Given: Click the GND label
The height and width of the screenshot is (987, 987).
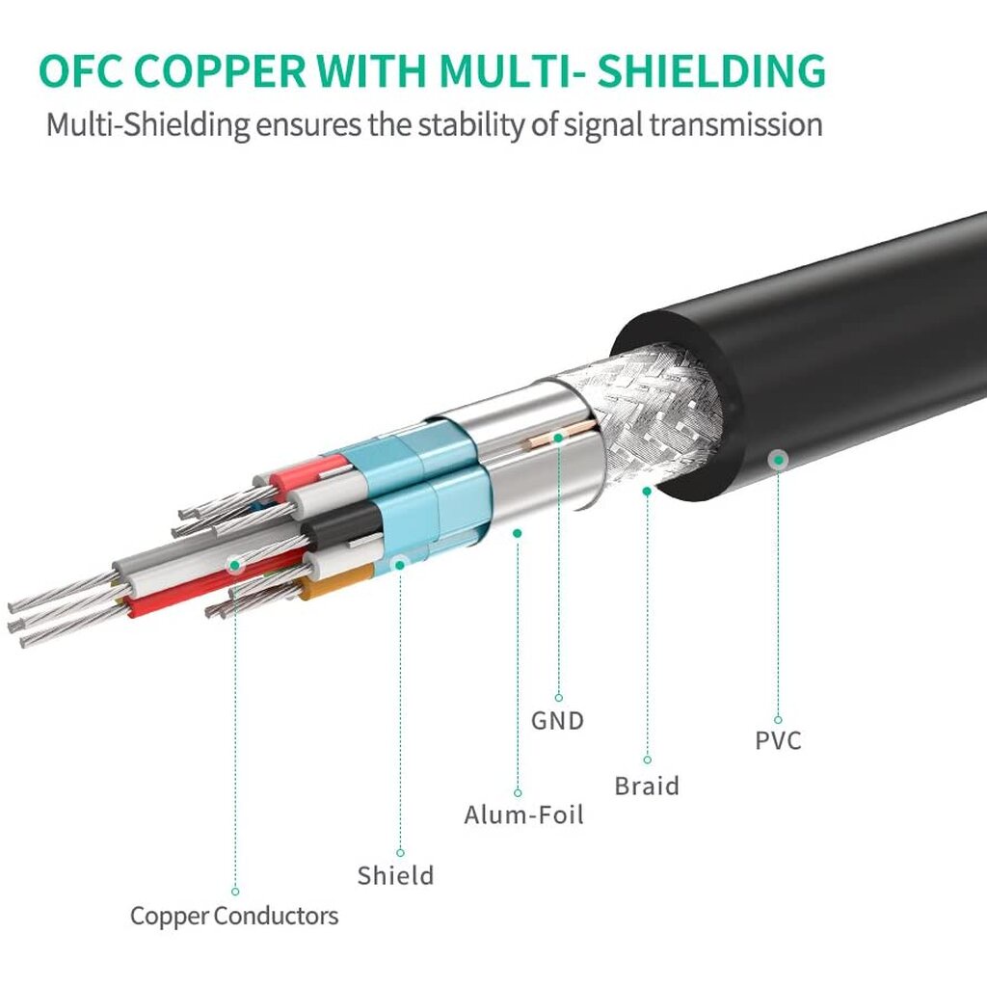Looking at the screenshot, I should click(x=557, y=720).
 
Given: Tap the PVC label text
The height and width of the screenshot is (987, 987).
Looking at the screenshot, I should click(x=778, y=741).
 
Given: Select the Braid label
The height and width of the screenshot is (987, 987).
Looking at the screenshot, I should click(x=647, y=786).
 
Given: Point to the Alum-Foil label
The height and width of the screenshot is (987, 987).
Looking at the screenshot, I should click(x=523, y=814).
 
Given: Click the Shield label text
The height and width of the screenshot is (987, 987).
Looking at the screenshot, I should click(x=395, y=875).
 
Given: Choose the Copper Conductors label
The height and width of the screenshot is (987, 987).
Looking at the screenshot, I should click(x=234, y=915).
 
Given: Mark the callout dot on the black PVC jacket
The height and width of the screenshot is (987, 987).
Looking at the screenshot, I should click(x=778, y=460).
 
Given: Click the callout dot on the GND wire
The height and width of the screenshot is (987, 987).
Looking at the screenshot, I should click(x=558, y=438).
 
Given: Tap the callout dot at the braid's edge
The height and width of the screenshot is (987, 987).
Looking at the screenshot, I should click(x=648, y=491).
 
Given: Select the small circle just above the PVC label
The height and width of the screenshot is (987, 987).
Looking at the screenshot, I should click(x=778, y=719).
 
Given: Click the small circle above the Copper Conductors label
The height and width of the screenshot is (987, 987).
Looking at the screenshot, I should click(x=234, y=892).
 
